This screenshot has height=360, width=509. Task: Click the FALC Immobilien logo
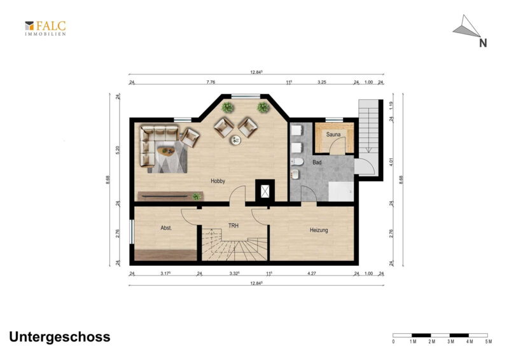pos(45,28)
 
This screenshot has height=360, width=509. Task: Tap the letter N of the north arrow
pos(483,43)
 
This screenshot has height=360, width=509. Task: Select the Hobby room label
pos(218,181)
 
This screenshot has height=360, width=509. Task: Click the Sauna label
pos(333,134)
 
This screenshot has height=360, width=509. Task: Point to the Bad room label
pos(317,162)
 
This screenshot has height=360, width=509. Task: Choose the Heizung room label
pos(319,230)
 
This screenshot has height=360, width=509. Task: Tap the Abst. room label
pos(166,228)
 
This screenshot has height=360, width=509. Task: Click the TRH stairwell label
pos(234,225)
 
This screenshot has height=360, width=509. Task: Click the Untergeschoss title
pos(60,337)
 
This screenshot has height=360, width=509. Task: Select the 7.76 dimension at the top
pos(211,82)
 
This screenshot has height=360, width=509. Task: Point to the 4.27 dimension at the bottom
pos(312,273)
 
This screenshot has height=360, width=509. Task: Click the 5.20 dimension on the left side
pos(118,150)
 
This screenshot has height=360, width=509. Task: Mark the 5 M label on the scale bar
pos(489,342)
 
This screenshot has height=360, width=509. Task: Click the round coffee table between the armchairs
pos(235,141)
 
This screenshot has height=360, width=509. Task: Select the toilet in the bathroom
pos(296,162)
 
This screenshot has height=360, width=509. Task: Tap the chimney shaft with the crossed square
pos(265,191)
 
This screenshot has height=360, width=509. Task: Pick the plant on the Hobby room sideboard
pos(196,197)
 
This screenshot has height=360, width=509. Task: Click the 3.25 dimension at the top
pos(322,82)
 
